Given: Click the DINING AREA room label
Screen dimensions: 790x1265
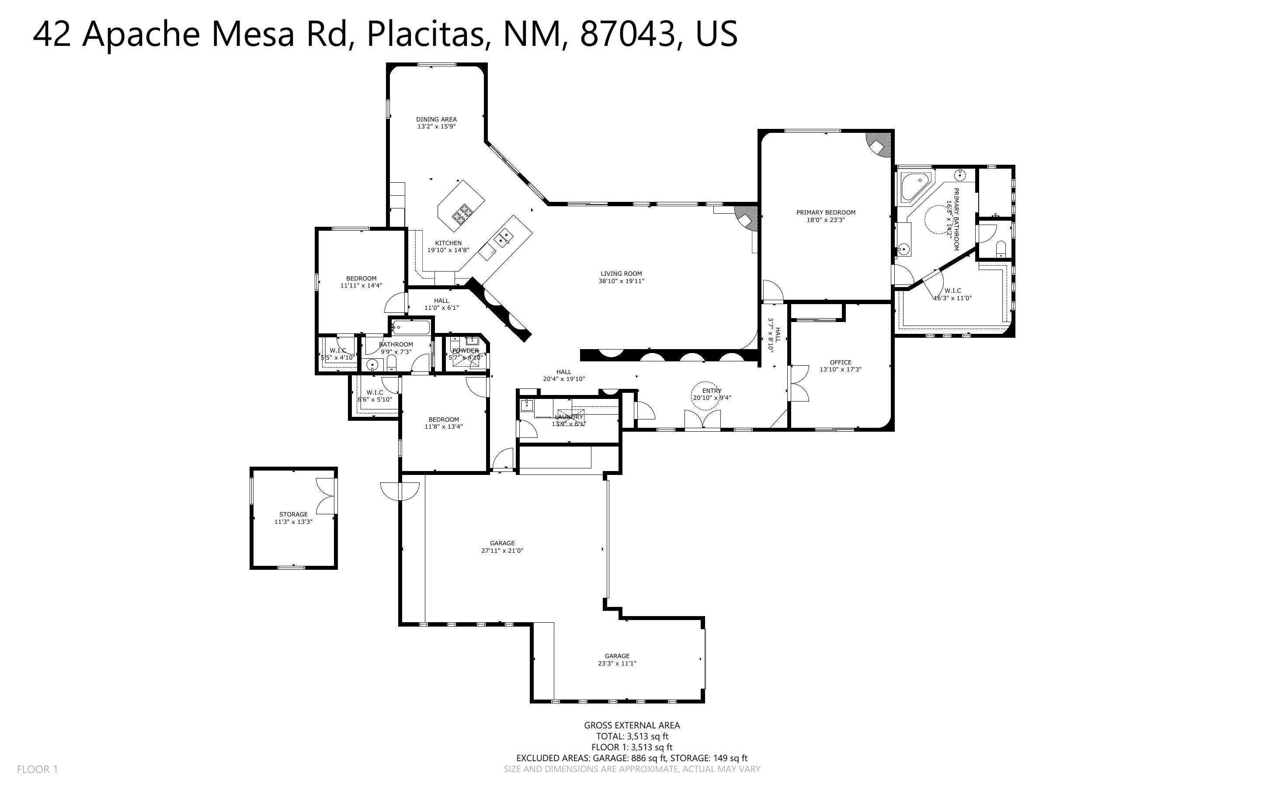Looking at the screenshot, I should click(x=436, y=119).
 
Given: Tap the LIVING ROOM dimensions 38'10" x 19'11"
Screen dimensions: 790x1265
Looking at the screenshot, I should click(x=621, y=281).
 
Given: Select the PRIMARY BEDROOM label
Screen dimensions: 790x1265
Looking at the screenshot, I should click(x=826, y=212).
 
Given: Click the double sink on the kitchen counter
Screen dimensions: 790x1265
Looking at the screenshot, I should click(x=503, y=239).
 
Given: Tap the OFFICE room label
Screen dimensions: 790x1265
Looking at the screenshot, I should click(x=840, y=362).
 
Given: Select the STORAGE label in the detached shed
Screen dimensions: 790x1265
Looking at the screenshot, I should click(x=293, y=514).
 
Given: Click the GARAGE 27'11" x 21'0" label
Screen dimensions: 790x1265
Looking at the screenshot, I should click(x=502, y=547).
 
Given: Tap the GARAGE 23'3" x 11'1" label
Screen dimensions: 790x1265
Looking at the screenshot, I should click(x=617, y=659).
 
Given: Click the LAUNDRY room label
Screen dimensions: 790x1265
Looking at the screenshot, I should click(x=569, y=417).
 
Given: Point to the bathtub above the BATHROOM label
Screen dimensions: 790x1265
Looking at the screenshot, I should click(x=411, y=328).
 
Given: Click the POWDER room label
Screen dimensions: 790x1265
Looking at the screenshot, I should click(x=465, y=350).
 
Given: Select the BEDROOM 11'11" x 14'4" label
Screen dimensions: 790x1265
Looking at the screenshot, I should click(x=361, y=282).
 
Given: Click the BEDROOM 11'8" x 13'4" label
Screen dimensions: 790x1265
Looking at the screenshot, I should click(x=444, y=423).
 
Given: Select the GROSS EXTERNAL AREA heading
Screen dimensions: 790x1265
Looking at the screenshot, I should click(x=632, y=725).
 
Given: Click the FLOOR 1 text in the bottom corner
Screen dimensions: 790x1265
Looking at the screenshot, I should click(x=37, y=769).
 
